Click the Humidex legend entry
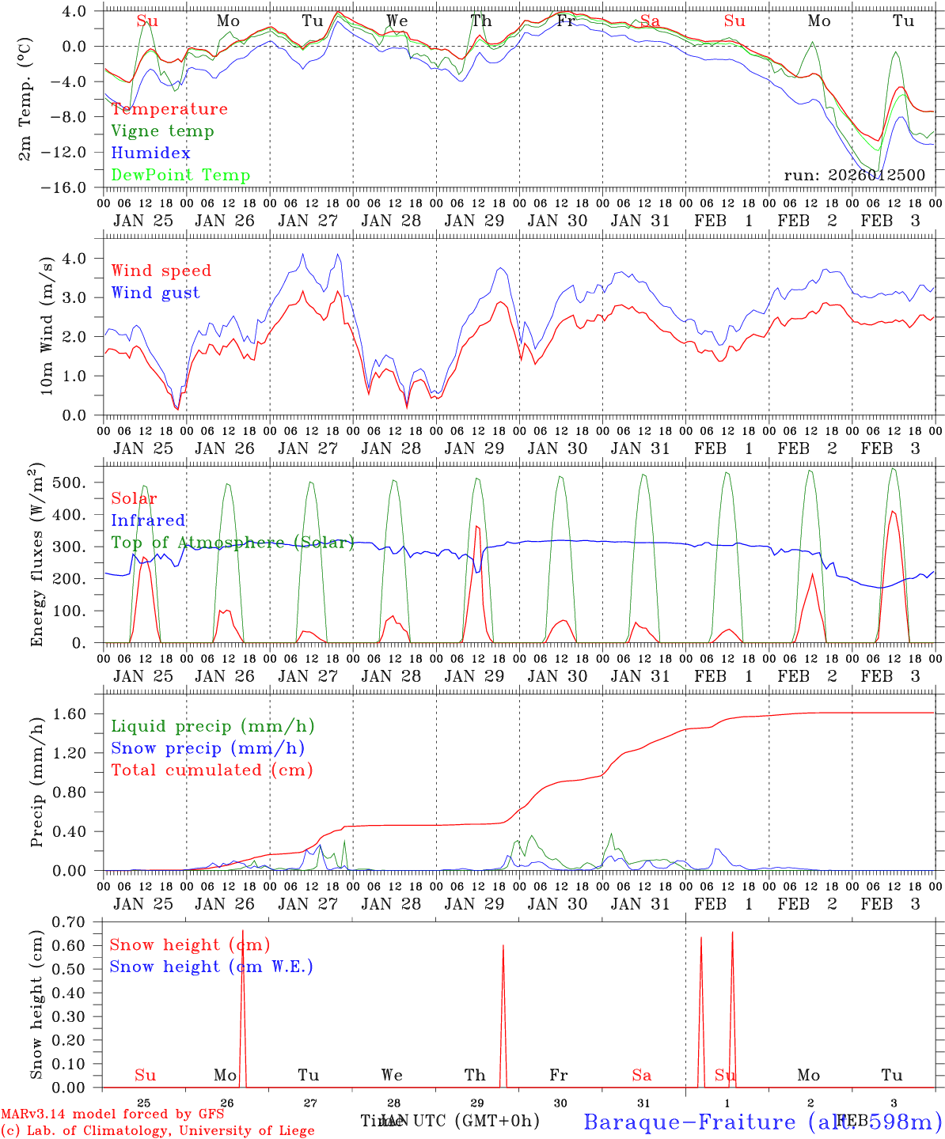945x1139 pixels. pos(150,153)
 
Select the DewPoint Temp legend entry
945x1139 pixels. pos(180,176)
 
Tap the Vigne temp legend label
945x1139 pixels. pos(162,131)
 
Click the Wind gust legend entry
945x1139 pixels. pos(155,293)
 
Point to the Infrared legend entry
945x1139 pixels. pos(148,520)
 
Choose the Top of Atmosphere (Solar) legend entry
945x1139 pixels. pos(232,543)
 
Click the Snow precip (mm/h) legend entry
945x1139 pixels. pos(207,748)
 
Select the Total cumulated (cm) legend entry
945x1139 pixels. pos(211,770)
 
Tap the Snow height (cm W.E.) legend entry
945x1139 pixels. pos(211,967)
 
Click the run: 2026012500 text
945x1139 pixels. pos(854,176)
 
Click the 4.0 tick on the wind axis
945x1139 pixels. pos(78,258)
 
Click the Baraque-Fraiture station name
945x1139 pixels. pos(689,1122)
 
